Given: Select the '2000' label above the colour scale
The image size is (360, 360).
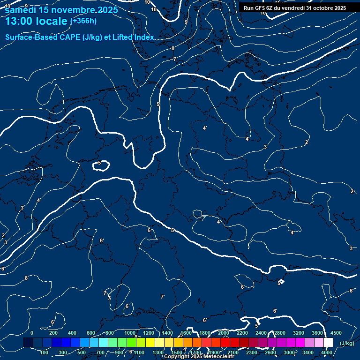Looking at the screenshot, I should [224, 333].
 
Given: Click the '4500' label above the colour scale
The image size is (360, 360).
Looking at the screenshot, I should [336, 333].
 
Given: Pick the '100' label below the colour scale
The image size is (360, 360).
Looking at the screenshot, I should [45, 352].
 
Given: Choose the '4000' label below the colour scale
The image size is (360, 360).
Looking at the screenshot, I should [327, 352].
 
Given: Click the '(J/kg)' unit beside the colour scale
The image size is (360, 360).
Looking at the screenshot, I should [347, 344].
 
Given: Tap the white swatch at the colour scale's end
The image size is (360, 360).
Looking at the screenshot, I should [328, 343].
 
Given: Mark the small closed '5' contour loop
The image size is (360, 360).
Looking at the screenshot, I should [102, 165].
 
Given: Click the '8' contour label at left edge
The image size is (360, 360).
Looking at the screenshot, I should [26, 278].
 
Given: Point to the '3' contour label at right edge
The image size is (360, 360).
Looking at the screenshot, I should [351, 248].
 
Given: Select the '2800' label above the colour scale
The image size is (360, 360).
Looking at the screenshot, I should [280, 333].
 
